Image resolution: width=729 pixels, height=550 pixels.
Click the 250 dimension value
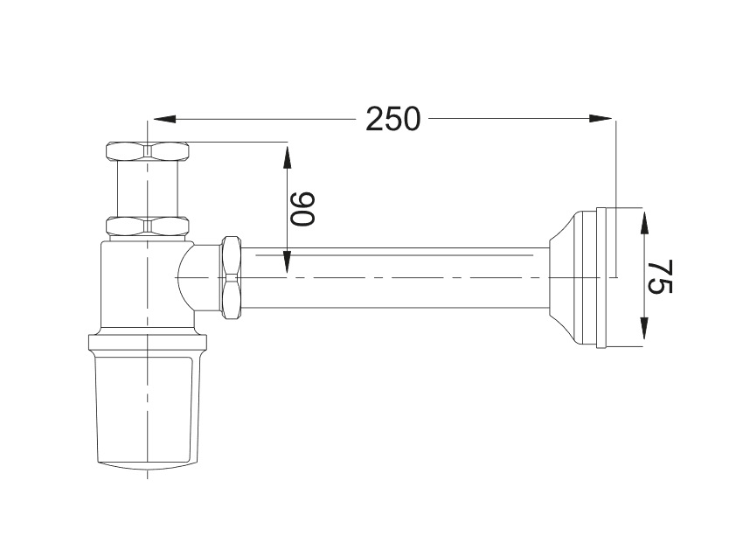click(392, 119)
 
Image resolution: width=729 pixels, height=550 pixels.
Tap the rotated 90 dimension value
click(302, 208)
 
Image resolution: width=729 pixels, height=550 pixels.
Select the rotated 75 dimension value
click(660, 276)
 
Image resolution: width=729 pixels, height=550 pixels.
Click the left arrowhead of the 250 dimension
click(164, 120)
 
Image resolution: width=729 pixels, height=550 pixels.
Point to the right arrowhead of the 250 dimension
click(601, 119)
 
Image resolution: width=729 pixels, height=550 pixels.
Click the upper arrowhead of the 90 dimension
click(287, 157)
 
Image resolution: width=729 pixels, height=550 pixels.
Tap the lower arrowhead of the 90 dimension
click(287, 261)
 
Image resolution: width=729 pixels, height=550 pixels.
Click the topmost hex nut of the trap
click(148, 150)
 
